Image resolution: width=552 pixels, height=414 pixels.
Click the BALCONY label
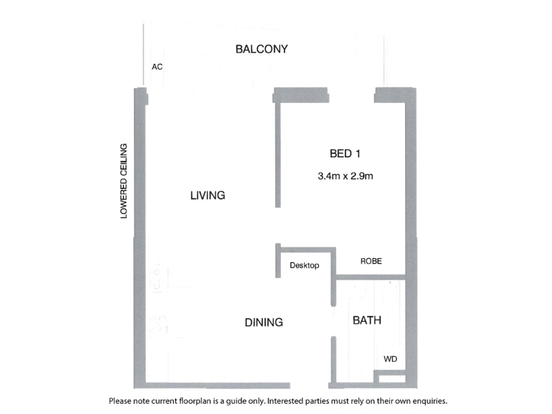[262, 49]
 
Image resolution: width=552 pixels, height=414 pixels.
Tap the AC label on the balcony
[157, 67]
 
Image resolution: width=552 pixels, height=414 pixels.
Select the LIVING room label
[208, 195]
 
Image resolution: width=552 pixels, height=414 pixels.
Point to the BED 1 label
[345, 153]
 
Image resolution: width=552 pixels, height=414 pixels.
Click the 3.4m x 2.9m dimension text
[346, 176]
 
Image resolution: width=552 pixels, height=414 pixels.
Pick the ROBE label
[371, 261]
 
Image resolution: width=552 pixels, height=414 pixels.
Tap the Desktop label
[304, 265]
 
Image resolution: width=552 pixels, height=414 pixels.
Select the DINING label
[264, 322]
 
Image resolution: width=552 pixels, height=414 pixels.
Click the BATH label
[367, 320]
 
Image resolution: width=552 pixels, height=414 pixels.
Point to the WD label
[391, 359]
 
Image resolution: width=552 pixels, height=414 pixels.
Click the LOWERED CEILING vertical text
[124, 181]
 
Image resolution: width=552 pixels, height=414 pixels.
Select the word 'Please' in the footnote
[119, 401]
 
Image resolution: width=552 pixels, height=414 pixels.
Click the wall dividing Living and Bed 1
[278, 155]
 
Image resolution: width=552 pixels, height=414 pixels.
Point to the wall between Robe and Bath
[371, 277]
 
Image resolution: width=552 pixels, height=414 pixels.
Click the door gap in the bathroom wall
[333, 321]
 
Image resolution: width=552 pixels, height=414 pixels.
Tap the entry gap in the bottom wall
[309, 386]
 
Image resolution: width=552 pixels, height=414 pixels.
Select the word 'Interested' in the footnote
[285, 401]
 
